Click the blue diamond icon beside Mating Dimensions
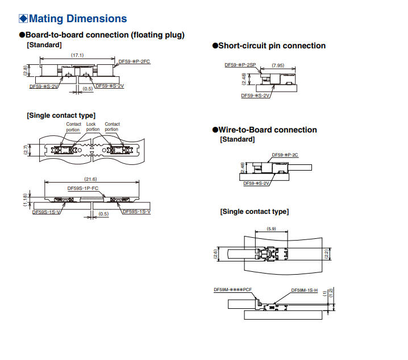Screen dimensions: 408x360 point(23,19)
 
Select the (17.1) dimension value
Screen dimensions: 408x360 point(77,55)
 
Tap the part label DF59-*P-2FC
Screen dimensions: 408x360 point(134,61)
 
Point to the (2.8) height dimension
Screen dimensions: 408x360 point(25,71)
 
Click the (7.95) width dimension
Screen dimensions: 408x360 point(278,65)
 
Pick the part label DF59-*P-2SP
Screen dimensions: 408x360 point(240,65)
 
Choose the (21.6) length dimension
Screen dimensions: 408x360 point(90,179)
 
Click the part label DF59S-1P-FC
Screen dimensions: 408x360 point(83,188)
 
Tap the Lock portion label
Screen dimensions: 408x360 point(93,127)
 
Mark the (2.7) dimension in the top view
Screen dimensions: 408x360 point(26,150)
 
